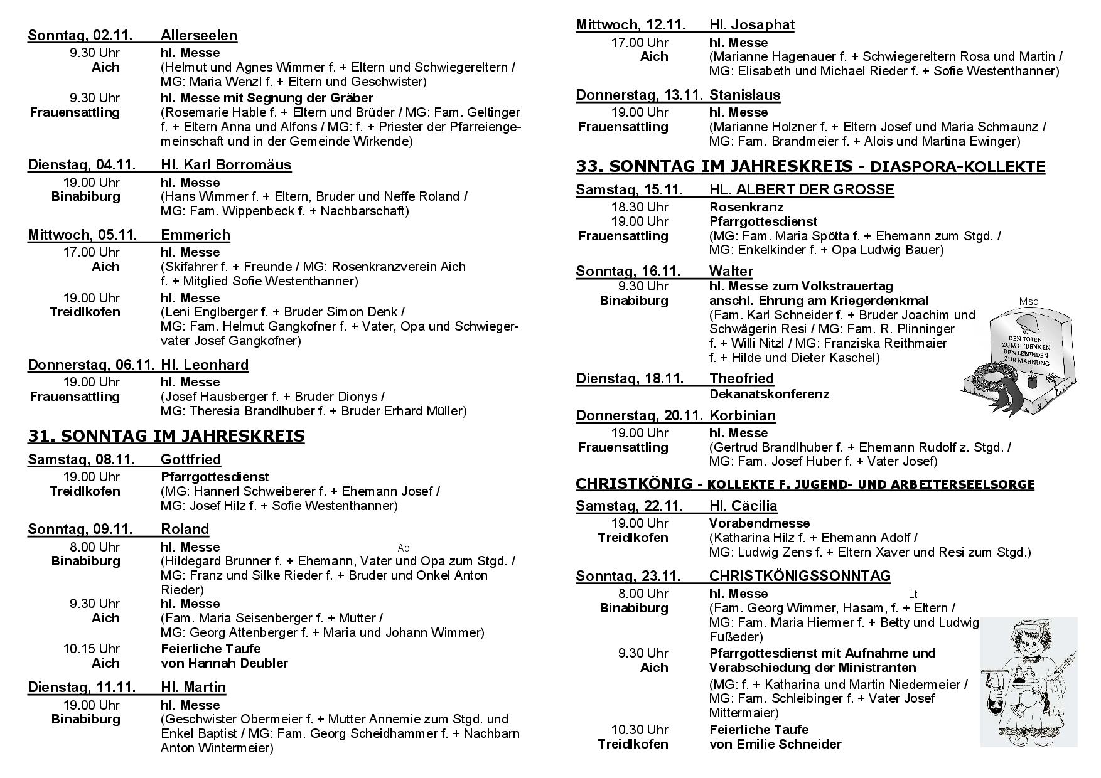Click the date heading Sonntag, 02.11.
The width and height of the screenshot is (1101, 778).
click(x=80, y=35)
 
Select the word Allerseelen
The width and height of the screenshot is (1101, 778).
click(x=199, y=35)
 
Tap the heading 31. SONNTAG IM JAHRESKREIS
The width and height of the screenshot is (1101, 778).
click(x=166, y=436)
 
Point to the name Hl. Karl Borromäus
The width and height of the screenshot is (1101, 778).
click(x=226, y=165)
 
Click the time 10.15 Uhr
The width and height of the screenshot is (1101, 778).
click(x=91, y=649)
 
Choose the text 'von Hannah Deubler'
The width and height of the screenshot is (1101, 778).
click(x=224, y=663)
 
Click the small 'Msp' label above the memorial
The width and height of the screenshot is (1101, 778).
click(x=1028, y=302)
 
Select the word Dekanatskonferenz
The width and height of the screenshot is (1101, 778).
click(x=769, y=394)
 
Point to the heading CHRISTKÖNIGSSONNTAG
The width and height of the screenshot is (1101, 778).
click(x=800, y=576)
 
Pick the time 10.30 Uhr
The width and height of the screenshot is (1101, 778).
click(x=640, y=730)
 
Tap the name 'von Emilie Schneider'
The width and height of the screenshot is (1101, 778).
click(x=775, y=744)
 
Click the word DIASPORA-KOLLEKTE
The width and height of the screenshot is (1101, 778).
click(x=959, y=167)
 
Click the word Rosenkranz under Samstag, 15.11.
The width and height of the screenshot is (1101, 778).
click(x=746, y=207)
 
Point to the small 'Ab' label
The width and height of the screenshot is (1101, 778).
click(x=404, y=548)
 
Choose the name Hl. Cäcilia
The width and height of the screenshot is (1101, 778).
click(x=743, y=506)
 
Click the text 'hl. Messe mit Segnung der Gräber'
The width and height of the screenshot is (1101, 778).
click(x=267, y=98)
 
